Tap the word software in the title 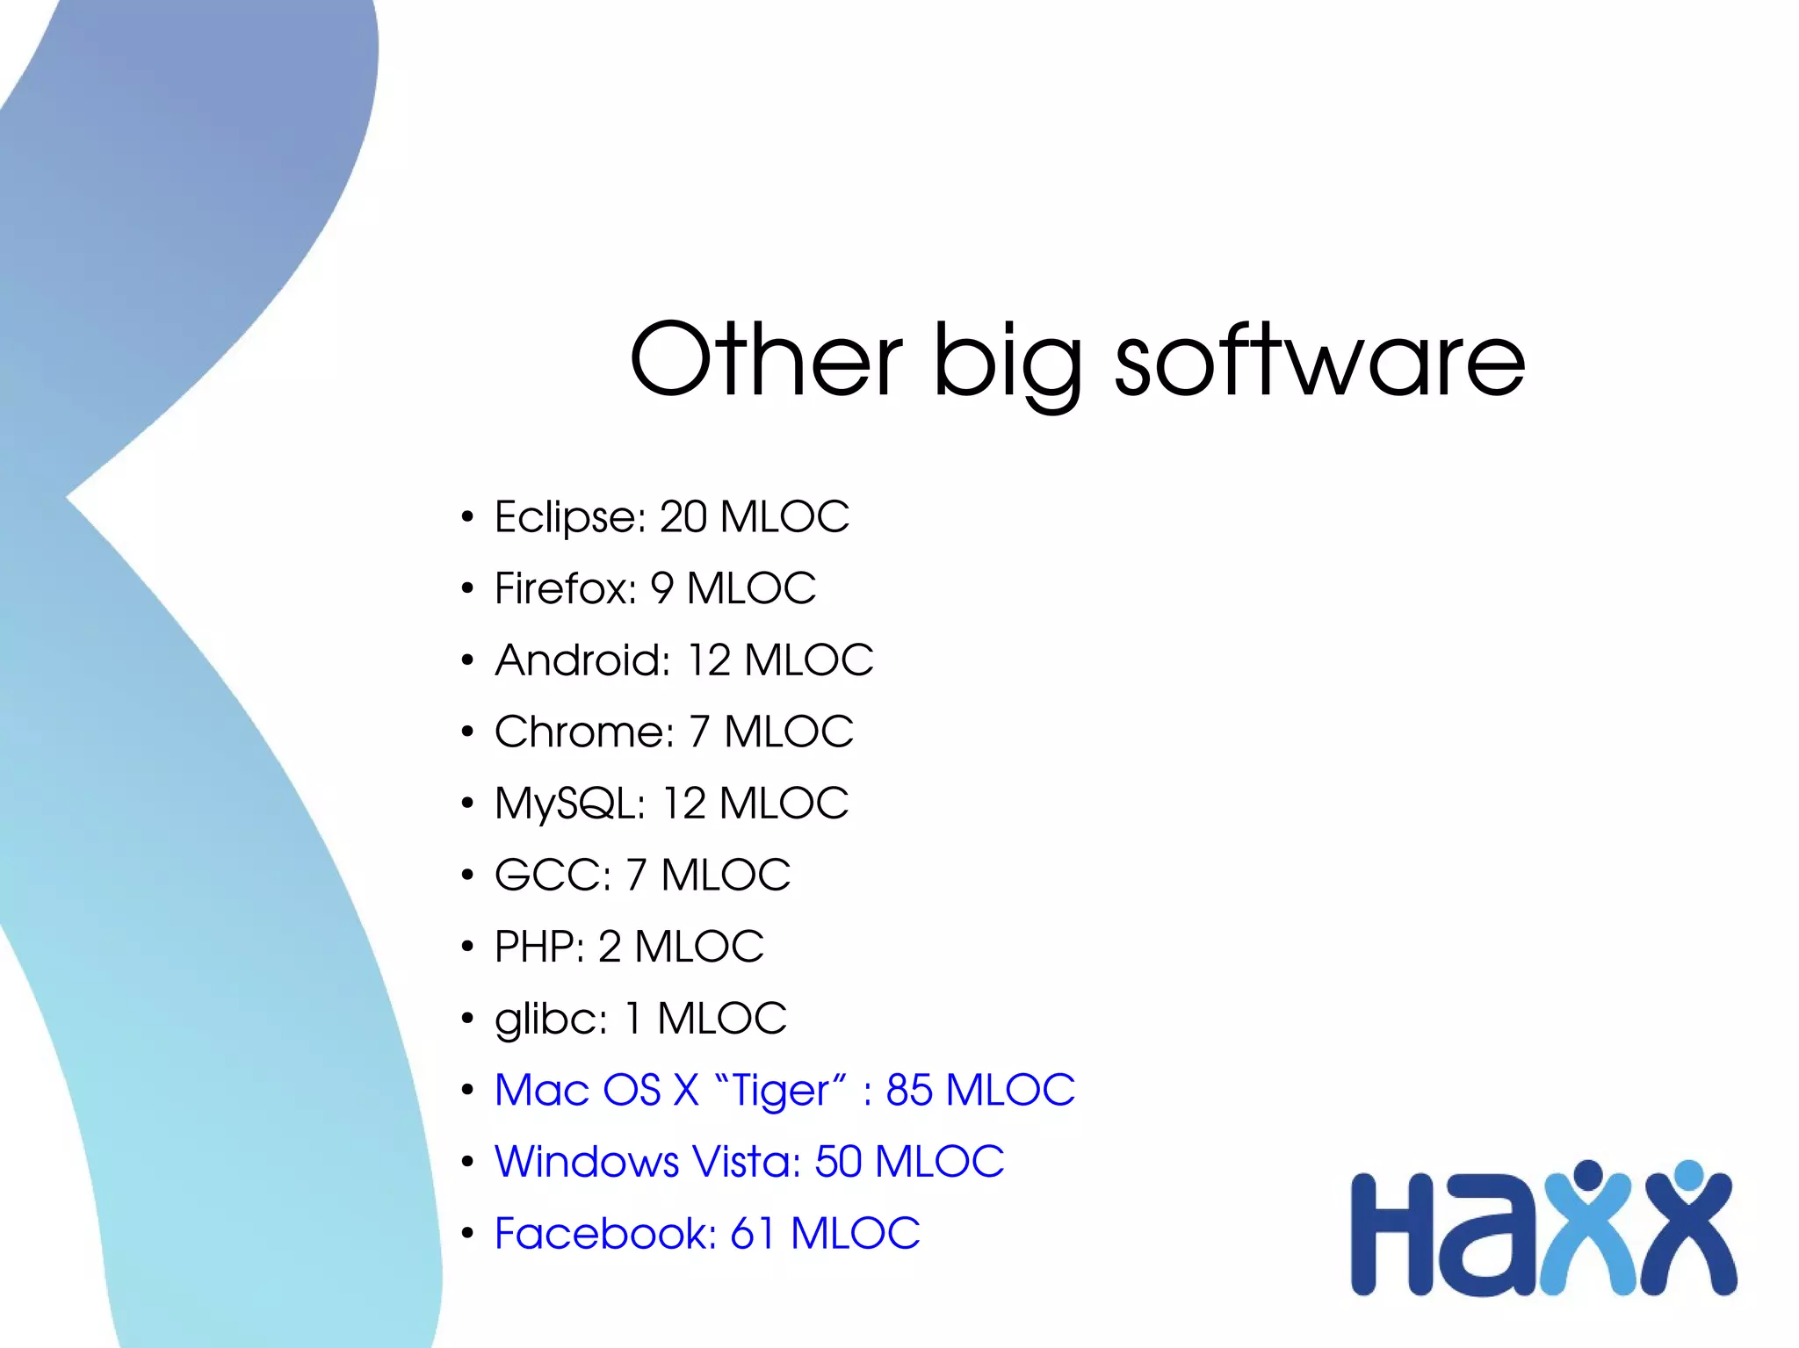click(1319, 360)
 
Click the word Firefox click(565, 588)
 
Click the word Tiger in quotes click(780, 1092)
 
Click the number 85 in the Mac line click(909, 1091)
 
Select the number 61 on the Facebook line click(753, 1234)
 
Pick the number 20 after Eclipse click(683, 517)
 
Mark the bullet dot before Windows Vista click(467, 1163)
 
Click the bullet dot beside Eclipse click(467, 517)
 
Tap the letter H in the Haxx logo click(1392, 1234)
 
